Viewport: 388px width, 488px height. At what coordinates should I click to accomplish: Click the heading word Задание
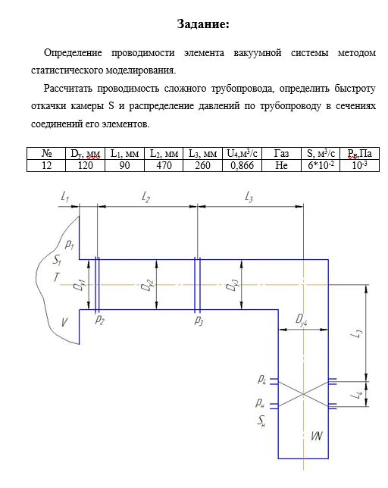203,24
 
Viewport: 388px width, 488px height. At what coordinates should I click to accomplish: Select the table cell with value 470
164,165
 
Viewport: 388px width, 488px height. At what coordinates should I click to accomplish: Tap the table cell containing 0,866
242,165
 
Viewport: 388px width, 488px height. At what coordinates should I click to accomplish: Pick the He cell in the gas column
281,165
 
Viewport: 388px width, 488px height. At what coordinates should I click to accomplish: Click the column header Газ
281,153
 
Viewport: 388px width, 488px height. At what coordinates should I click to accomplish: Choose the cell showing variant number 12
46,165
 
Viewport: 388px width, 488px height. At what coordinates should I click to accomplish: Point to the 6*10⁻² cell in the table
321,165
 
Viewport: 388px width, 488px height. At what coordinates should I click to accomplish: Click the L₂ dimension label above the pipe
146,197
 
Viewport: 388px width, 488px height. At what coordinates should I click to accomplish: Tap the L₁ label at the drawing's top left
64,197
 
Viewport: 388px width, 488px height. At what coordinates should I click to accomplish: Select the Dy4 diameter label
302,320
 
